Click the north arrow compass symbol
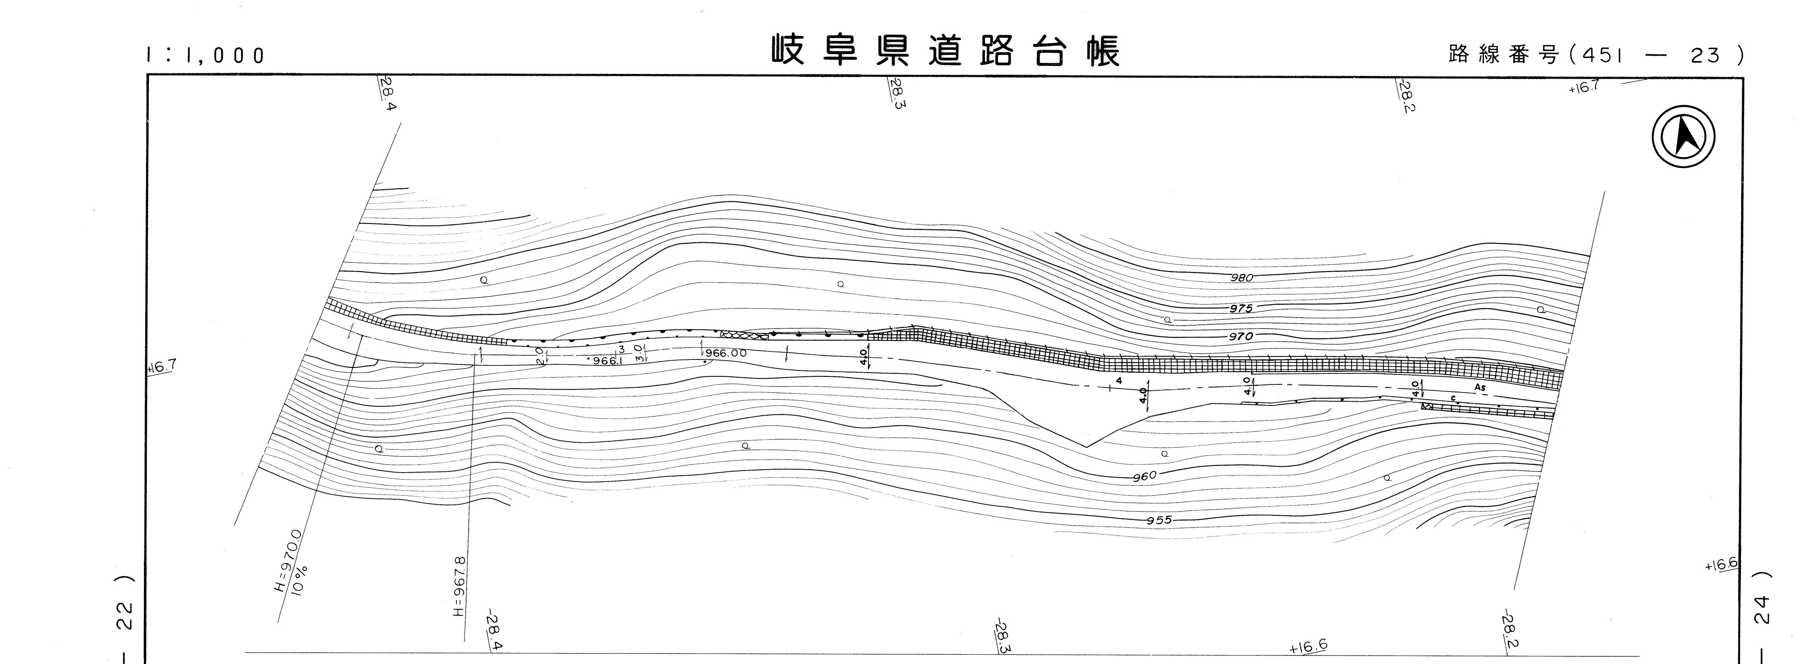pyautogui.click(x=1683, y=136)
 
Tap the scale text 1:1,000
pyautogui.click(x=206, y=55)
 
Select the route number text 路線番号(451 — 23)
pyautogui.click(x=1596, y=55)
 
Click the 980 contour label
pyautogui.click(x=1242, y=278)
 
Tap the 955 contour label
pyautogui.click(x=1159, y=521)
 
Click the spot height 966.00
pyautogui.click(x=726, y=353)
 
